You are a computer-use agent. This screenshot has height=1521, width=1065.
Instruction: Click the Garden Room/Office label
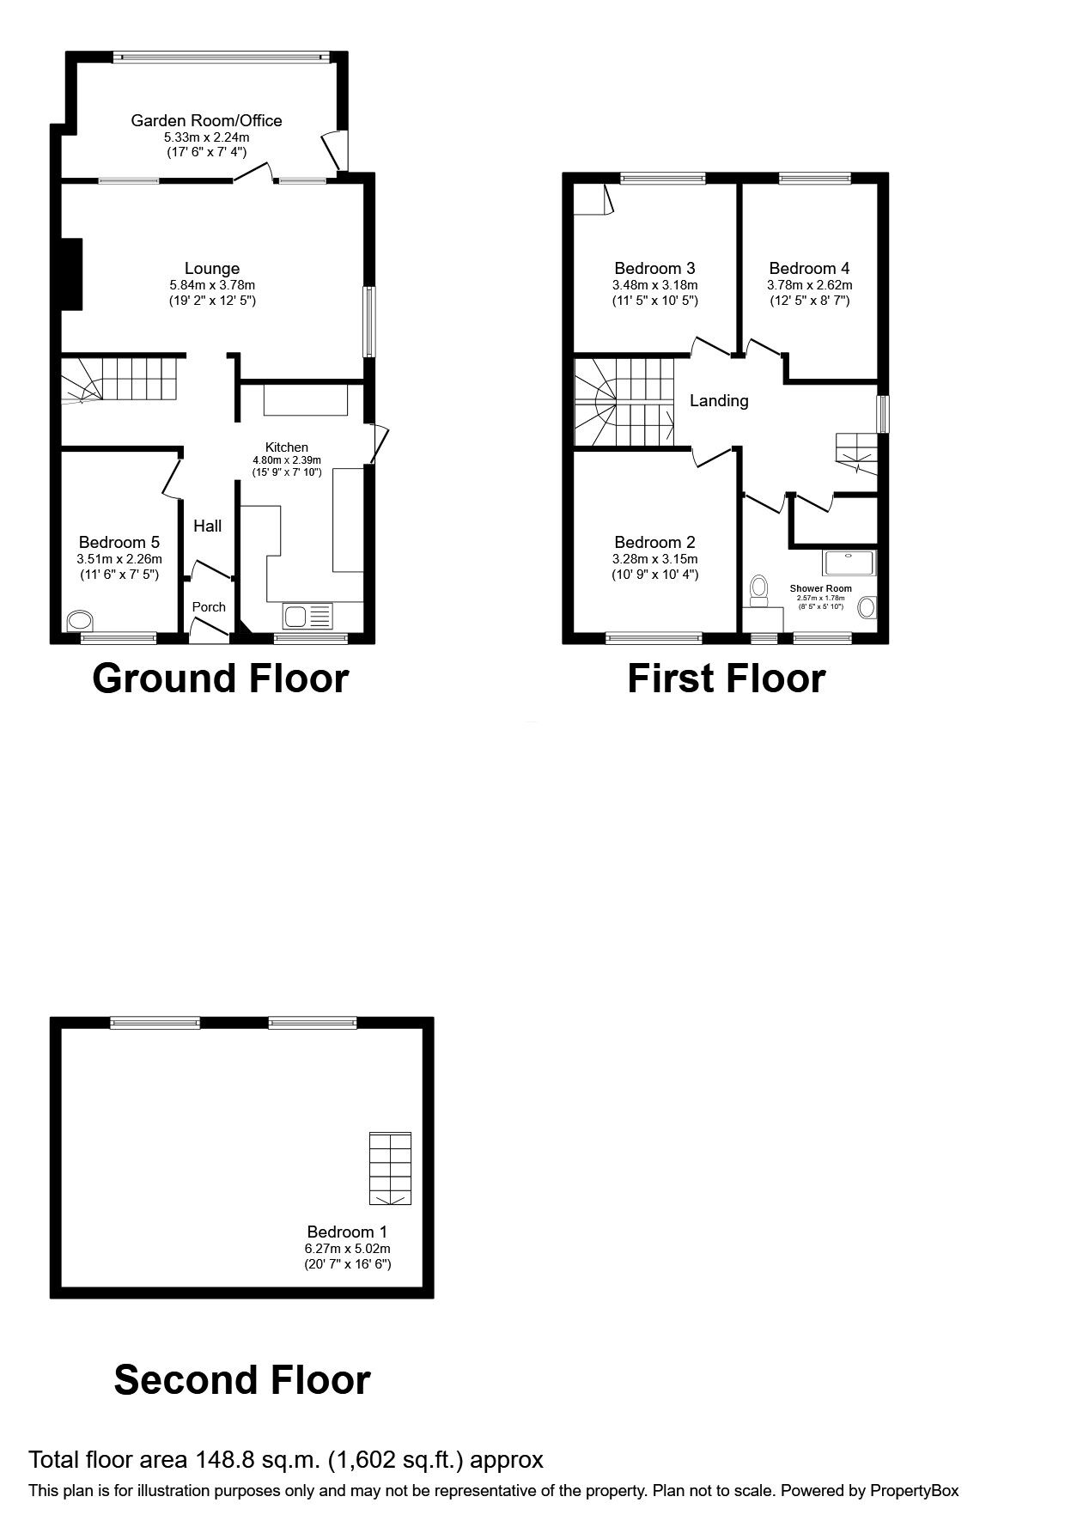(x=206, y=120)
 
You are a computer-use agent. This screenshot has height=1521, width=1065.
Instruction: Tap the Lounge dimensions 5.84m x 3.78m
(x=212, y=285)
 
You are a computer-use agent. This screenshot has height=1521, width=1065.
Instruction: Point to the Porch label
(x=209, y=606)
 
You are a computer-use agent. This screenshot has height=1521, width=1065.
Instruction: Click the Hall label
(x=207, y=526)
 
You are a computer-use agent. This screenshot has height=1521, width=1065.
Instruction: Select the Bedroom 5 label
(x=119, y=542)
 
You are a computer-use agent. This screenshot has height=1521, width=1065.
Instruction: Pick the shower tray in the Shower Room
(x=850, y=563)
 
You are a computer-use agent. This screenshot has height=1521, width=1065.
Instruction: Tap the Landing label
(x=719, y=400)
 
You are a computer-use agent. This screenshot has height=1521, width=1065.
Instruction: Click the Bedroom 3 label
(x=654, y=268)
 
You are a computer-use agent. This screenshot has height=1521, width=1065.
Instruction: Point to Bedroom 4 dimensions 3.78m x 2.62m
(x=810, y=285)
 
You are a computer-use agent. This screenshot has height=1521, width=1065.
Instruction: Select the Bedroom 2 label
(x=654, y=542)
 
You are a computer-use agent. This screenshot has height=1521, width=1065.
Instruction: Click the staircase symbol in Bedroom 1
(x=391, y=1168)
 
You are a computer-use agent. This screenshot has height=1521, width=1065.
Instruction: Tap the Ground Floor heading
(x=220, y=678)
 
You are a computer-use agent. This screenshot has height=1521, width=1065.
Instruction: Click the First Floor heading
(x=726, y=678)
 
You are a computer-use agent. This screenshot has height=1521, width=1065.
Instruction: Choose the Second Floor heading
(x=241, y=1379)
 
